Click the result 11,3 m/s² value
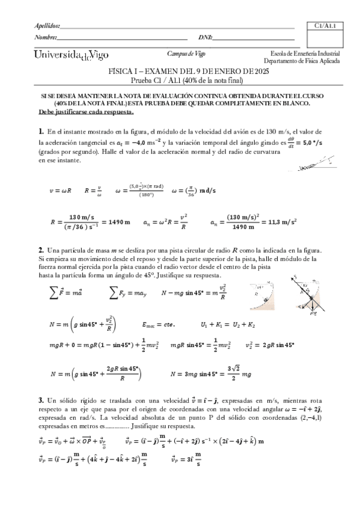[284, 221]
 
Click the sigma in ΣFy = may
[114, 293]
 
